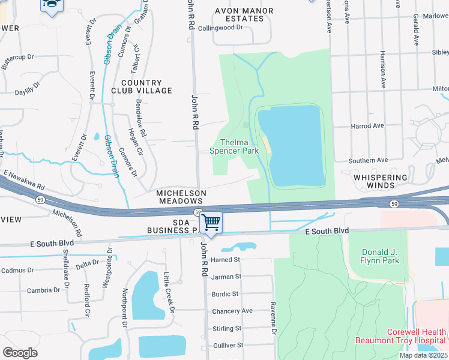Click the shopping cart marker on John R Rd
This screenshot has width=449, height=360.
pyautogui.click(x=211, y=223)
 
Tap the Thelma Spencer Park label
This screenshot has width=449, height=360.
pyautogui.click(x=234, y=146)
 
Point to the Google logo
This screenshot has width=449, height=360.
pyautogui.click(x=20, y=353)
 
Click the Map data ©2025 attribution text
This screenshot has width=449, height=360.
pyautogui.click(x=423, y=355)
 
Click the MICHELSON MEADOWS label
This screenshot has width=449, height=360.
pyautogui.click(x=181, y=197)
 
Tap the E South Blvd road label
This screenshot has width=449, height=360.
pyautogui.click(x=327, y=231)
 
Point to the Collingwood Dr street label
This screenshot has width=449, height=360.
pyautogui.click(x=220, y=28)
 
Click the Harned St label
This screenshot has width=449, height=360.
pyautogui.click(x=226, y=260)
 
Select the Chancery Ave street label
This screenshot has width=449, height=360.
pyautogui.click(x=232, y=311)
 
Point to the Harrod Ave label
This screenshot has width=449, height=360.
pyautogui.click(x=367, y=126)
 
